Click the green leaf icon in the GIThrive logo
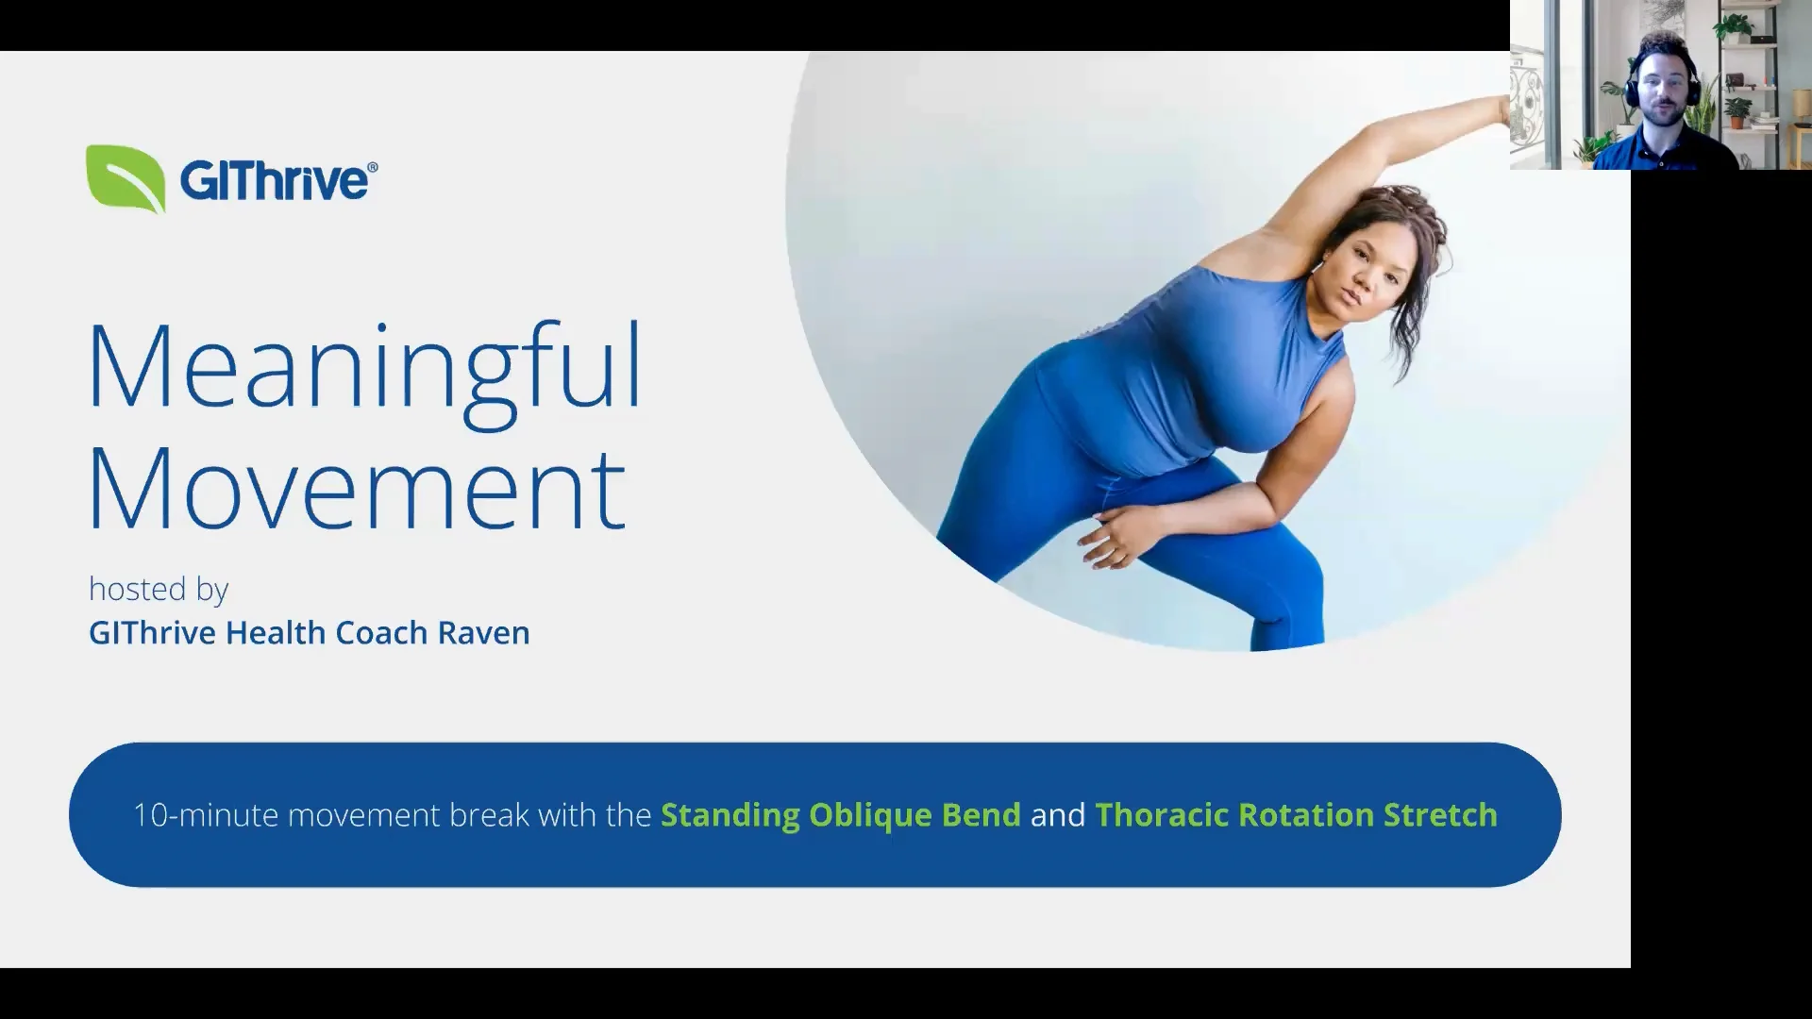pos(126,178)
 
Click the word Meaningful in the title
pos(364,368)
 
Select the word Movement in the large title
pos(357,489)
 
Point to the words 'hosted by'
pos(159,590)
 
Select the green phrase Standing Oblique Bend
pos(840,815)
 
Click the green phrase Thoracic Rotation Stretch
pos(1296,815)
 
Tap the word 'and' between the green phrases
pos(1058,815)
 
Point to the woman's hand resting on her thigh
pos(1114,534)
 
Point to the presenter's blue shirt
pos(1666,151)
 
